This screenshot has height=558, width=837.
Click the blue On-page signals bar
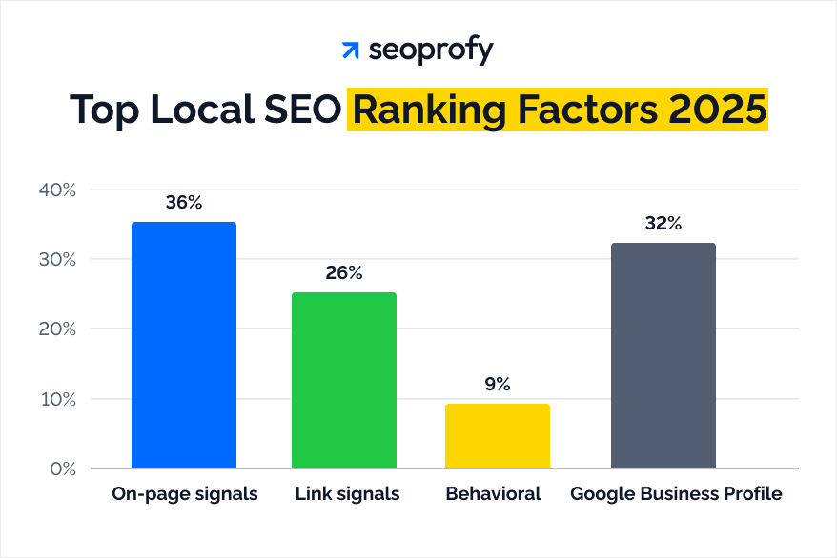click(x=184, y=345)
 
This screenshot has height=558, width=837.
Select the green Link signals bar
click(x=344, y=380)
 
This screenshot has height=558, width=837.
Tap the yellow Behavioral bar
click(x=498, y=436)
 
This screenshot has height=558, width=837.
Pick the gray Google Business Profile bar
click(x=663, y=355)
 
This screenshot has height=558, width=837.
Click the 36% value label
click(x=184, y=203)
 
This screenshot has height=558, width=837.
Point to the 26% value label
click(x=344, y=273)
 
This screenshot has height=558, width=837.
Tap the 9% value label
click(x=498, y=385)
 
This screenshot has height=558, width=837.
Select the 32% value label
click(x=663, y=224)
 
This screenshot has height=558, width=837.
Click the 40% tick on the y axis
click(x=56, y=189)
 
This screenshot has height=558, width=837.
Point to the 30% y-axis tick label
click(x=56, y=259)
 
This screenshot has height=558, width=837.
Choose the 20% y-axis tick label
click(x=56, y=329)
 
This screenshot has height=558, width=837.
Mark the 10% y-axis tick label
click(x=56, y=399)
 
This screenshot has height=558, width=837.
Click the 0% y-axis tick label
click(x=61, y=468)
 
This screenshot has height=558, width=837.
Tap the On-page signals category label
click(x=184, y=494)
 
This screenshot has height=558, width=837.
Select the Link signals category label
click(x=347, y=494)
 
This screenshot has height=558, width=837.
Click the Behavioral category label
click(x=493, y=494)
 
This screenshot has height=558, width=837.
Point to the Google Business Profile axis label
click(x=676, y=494)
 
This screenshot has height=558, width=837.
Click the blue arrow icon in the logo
click(x=351, y=50)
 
